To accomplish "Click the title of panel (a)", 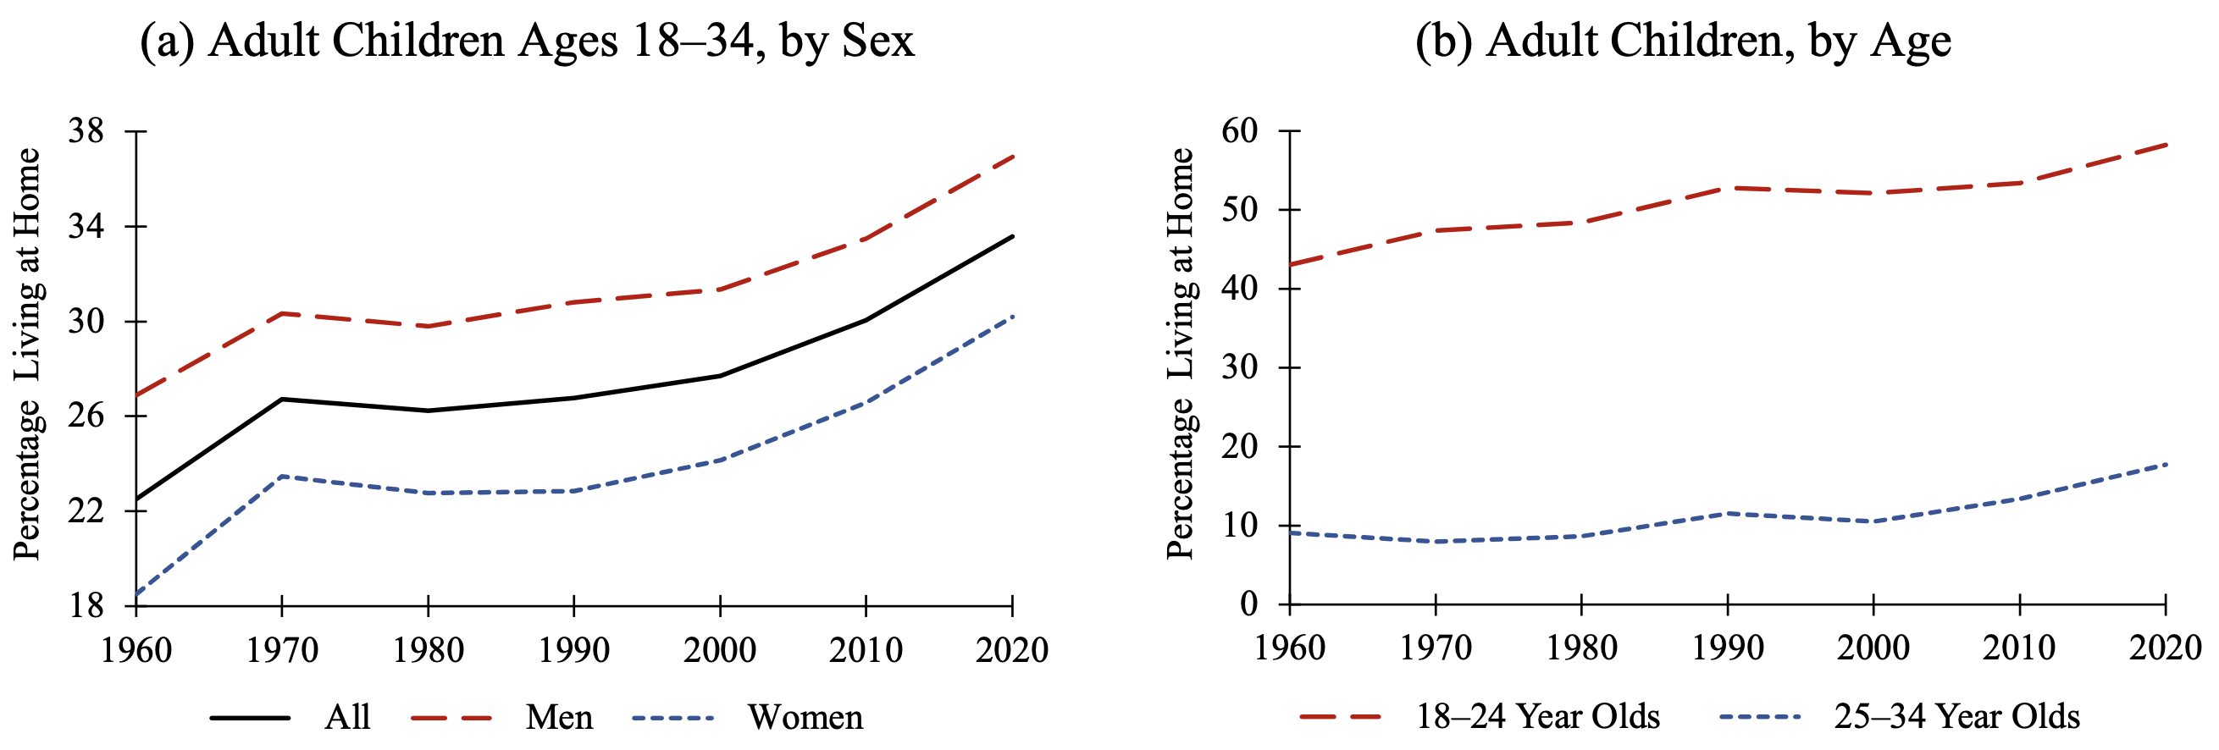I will coord(526,41).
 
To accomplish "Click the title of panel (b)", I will coord(1682,41).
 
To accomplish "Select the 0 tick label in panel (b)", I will coord(1249,604).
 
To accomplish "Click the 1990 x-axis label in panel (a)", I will coord(573,651).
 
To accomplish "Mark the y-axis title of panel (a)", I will coord(28,353).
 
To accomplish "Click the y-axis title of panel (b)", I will coord(1180,353).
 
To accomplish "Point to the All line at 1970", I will coord(283,399).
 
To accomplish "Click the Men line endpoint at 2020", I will coord(1012,157).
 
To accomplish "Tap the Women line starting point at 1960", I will coord(137,594).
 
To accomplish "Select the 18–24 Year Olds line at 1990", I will coord(1727,188).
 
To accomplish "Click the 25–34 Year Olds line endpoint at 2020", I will coord(2165,464).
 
